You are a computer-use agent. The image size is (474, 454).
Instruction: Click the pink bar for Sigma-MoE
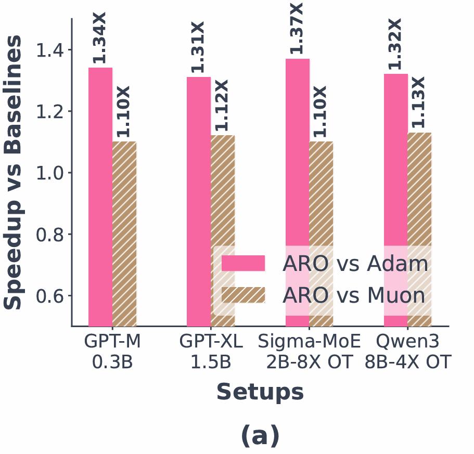point(298,156)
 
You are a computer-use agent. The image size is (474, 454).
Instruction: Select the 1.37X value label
point(297,29)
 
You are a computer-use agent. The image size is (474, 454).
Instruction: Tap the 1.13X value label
point(419,102)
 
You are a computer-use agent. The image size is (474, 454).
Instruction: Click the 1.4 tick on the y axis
point(49,50)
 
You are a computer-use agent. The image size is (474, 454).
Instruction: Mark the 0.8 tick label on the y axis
point(49,235)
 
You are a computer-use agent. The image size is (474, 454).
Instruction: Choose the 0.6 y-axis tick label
point(49,296)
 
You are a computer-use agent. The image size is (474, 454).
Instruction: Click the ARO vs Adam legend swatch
point(243,264)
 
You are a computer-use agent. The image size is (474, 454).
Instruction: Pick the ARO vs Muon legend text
point(354,295)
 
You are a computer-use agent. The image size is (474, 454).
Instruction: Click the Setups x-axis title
point(260,392)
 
